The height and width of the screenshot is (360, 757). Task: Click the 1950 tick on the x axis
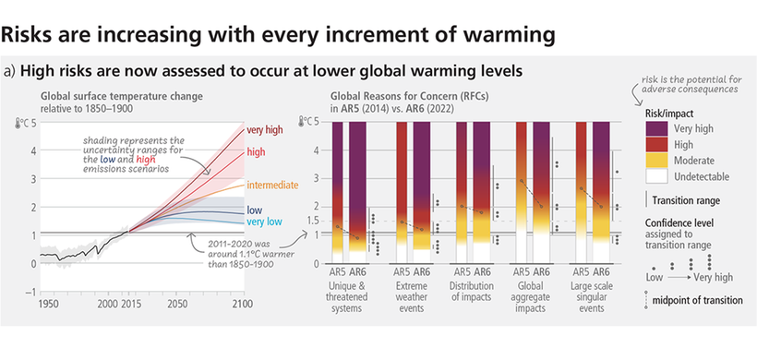(x=51, y=302)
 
